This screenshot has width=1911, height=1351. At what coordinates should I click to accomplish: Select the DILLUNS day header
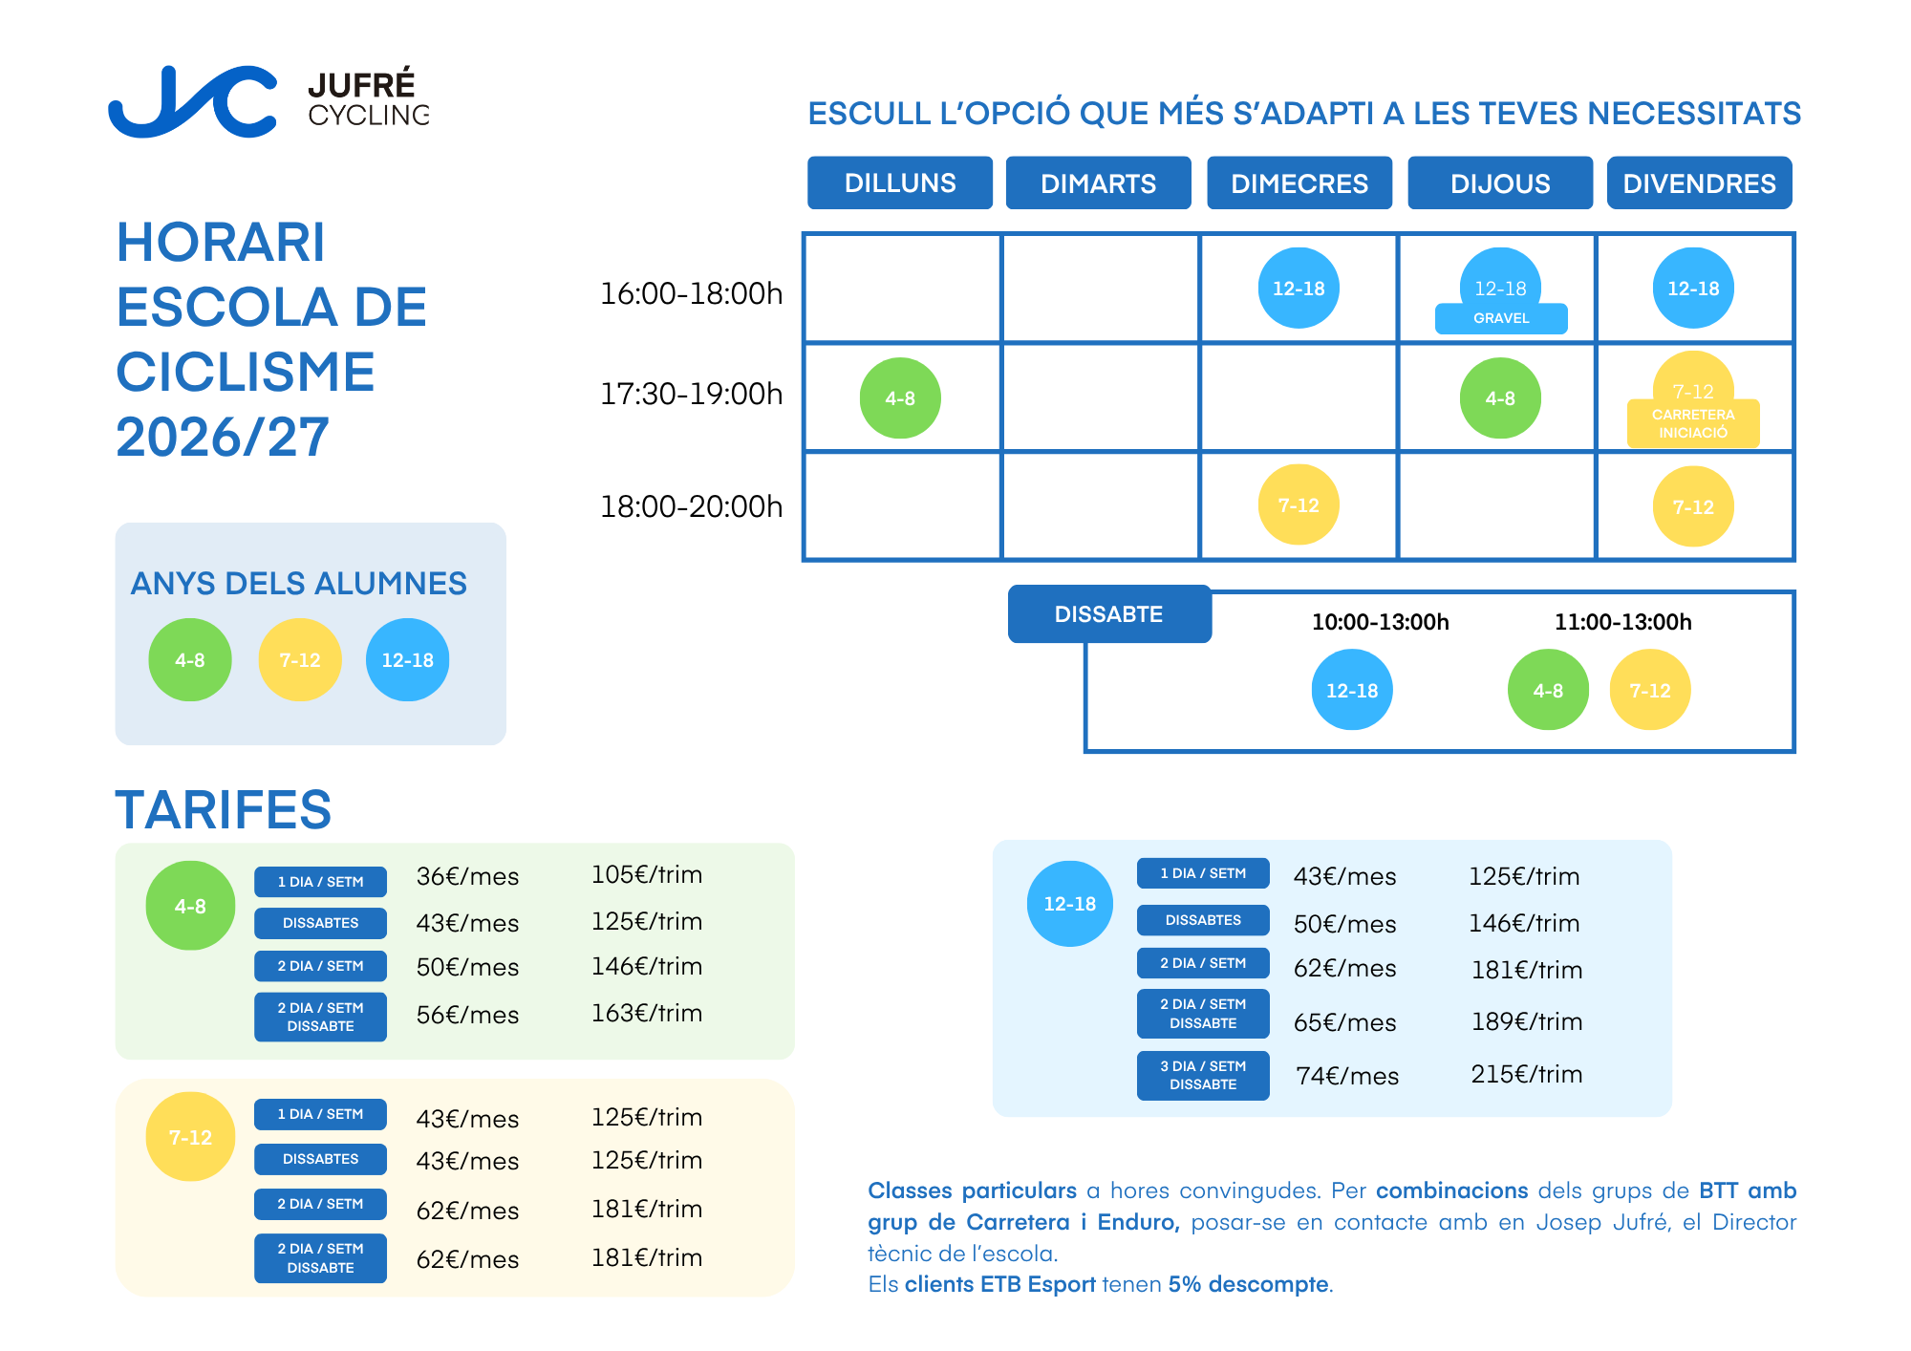900,182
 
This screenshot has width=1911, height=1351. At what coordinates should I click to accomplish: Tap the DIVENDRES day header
1699,182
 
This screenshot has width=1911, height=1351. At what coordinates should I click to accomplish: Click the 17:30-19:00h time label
691,394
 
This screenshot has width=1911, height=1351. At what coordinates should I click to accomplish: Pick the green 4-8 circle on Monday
900,398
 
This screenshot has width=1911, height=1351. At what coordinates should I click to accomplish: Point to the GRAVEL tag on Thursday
1501,318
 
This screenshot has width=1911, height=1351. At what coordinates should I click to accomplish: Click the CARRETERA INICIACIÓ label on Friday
1693,423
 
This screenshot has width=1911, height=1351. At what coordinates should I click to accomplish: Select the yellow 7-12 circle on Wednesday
1299,504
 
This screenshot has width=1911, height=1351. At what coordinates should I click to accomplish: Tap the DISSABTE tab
1109,614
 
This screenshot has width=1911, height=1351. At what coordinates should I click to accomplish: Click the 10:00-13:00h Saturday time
1380,622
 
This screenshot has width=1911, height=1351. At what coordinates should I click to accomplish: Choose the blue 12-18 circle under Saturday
1352,690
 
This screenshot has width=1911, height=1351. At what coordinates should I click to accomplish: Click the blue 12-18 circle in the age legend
407,660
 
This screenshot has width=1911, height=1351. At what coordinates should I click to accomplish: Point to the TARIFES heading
224,810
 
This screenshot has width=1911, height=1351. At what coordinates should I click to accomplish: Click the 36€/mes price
467,877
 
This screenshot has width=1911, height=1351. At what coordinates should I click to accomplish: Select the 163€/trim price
647,1013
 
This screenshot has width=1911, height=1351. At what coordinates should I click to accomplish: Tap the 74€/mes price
1347,1076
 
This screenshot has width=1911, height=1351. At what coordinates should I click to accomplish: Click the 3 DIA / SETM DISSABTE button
1203,1075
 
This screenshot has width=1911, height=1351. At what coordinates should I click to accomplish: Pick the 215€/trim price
1527,1074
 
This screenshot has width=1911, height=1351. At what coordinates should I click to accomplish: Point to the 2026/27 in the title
223,437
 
